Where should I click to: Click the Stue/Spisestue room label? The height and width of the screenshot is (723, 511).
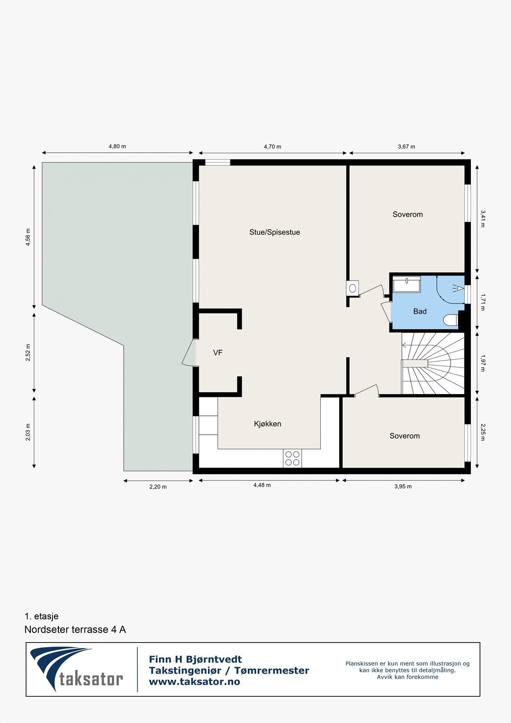(274, 232)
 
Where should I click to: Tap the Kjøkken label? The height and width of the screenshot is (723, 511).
(267, 424)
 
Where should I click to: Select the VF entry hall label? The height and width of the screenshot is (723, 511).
(218, 353)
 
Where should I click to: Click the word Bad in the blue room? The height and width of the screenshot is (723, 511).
(420, 311)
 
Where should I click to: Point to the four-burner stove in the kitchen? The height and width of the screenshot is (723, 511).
(292, 458)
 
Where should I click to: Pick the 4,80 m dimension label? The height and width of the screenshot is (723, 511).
(117, 146)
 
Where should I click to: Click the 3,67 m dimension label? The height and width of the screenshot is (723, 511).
(406, 146)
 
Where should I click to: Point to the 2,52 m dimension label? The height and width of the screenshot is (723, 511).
(28, 352)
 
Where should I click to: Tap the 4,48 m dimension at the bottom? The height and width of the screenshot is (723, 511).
(262, 485)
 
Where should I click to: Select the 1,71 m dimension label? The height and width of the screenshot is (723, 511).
(483, 302)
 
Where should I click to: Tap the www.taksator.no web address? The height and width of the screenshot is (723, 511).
(194, 682)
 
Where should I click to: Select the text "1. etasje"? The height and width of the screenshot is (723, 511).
(42, 616)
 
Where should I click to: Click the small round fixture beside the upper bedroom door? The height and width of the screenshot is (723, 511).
(353, 288)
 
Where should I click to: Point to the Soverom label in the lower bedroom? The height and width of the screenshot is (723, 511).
(404, 436)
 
